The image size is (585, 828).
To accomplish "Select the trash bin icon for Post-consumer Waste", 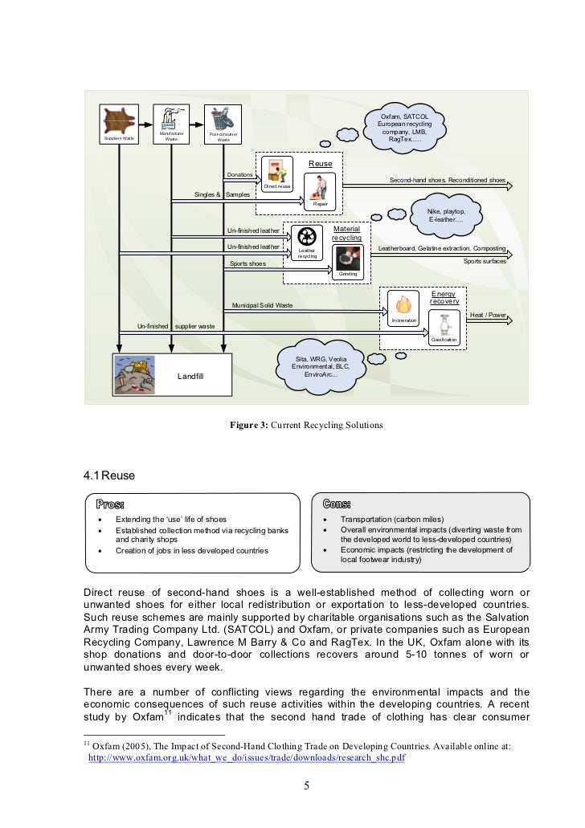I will (x=223, y=118).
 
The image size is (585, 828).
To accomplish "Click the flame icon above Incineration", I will (x=403, y=305).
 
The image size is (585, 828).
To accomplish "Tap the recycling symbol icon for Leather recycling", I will (x=306, y=237).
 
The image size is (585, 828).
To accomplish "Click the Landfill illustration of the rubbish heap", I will (x=138, y=375).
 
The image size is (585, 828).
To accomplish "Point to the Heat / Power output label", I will (x=488, y=316).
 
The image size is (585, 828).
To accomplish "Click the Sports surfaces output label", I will (x=485, y=261).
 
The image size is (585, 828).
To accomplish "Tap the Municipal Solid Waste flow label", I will (x=262, y=306).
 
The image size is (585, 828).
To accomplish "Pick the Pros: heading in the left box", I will (x=110, y=504).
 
